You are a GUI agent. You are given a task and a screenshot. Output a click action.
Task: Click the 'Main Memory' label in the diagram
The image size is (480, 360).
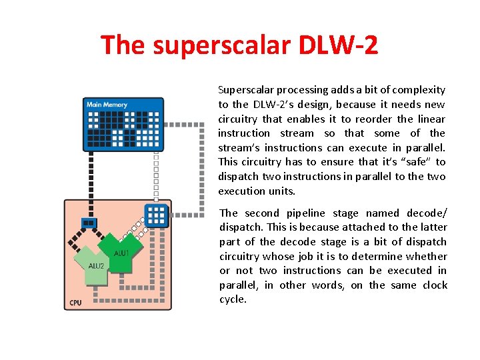[x=107, y=105]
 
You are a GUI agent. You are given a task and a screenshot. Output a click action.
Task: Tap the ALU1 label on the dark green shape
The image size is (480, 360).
[x=121, y=253]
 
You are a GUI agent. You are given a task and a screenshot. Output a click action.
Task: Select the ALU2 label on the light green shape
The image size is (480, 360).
[x=96, y=265]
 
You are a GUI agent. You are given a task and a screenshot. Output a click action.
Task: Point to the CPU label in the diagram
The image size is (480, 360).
[x=76, y=303]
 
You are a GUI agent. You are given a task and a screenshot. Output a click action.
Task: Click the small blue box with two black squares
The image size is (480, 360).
[x=88, y=223]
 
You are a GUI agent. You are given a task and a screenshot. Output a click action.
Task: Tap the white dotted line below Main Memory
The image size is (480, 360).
[x=155, y=173]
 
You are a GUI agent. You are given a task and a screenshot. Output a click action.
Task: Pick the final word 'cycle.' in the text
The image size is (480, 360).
[x=233, y=299]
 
